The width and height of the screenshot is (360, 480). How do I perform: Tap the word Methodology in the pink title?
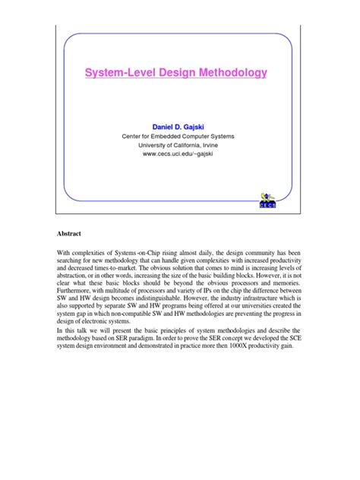click(233, 74)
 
